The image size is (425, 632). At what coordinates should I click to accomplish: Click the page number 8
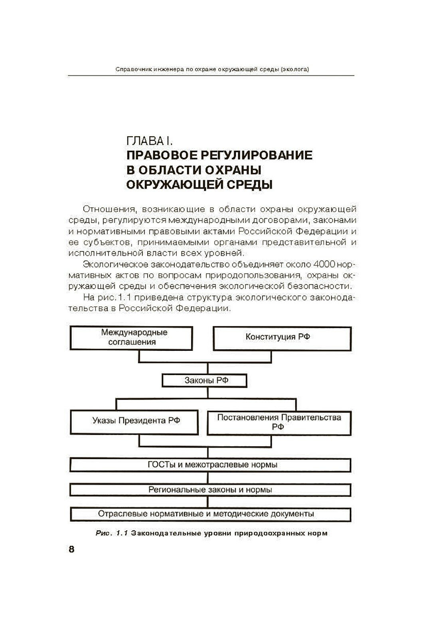click(71, 549)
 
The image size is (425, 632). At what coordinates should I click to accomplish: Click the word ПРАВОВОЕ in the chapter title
click(161, 155)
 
